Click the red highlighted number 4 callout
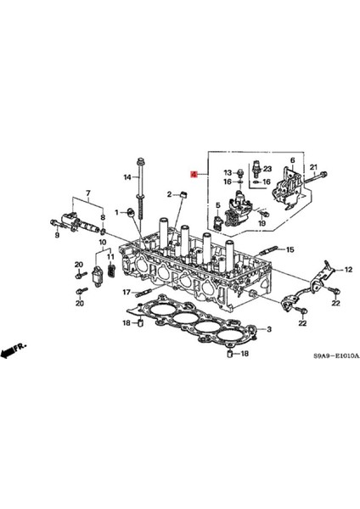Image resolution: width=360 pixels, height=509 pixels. pyautogui.click(x=194, y=174)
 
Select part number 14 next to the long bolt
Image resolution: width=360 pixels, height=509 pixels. pyautogui.click(x=127, y=177)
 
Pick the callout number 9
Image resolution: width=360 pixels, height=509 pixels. pyautogui.click(x=58, y=234)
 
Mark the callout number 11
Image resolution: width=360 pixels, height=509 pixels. pyautogui.click(x=110, y=256)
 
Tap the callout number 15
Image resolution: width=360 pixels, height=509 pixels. pyautogui.click(x=290, y=249)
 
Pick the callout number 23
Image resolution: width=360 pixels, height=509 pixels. pyautogui.click(x=267, y=169)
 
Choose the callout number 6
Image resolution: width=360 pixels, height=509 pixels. pyautogui.click(x=293, y=160)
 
